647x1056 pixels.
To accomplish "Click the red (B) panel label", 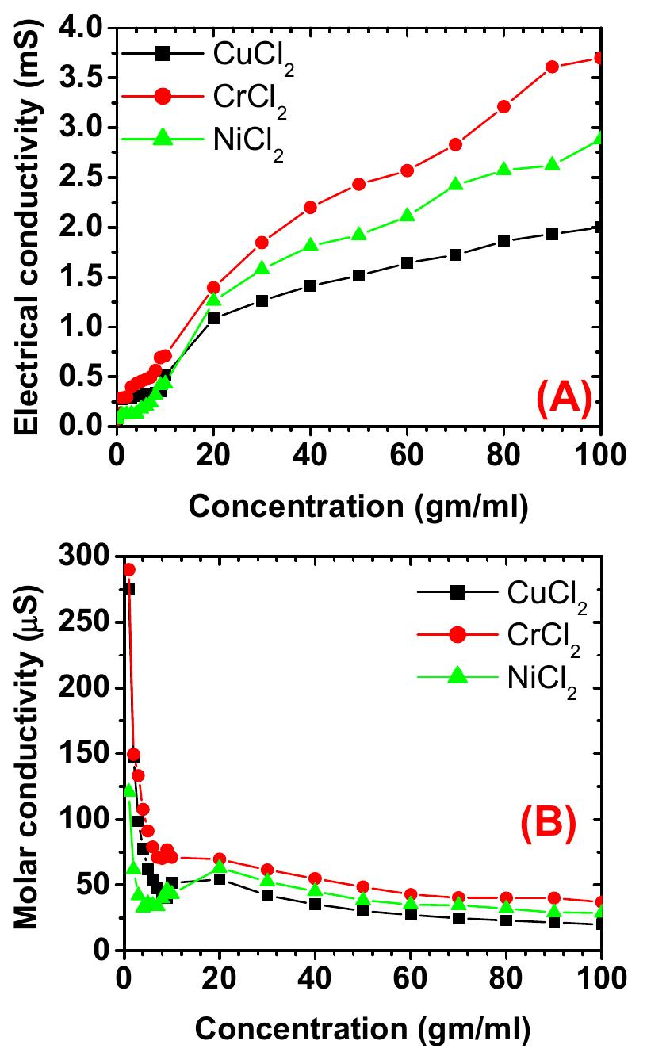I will click(x=546, y=826).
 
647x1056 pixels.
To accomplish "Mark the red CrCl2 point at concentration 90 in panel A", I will click(x=552, y=67).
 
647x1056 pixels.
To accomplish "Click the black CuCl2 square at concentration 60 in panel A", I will click(x=408, y=263).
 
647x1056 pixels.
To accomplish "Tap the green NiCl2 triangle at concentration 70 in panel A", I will click(x=455, y=184).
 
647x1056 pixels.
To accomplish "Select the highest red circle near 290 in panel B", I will click(x=128, y=570).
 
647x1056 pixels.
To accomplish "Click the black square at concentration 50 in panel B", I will click(x=362, y=910).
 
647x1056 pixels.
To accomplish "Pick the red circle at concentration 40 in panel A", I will click(x=310, y=208).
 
